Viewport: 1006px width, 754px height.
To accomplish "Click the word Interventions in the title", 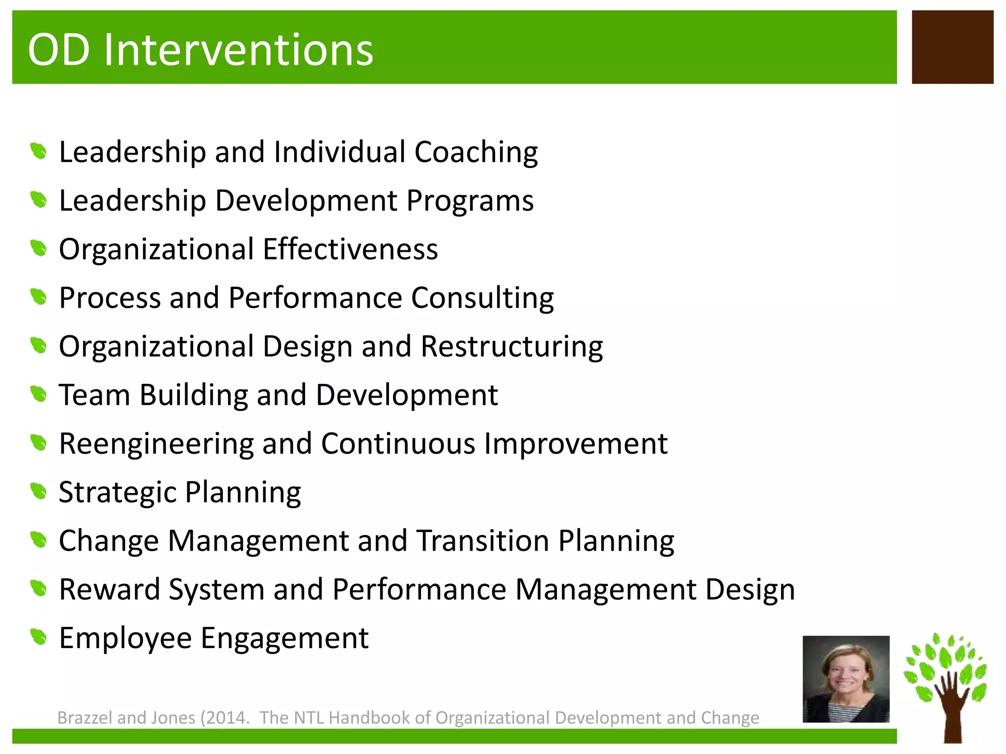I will (238, 50).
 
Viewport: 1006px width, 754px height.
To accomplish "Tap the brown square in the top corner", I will (952, 47).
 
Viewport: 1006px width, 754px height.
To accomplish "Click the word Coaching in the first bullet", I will (476, 152).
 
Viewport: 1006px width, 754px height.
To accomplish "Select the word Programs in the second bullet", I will (470, 201).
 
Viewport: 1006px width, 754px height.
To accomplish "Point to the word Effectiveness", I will (350, 249).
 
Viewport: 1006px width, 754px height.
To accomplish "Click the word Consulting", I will (482, 298).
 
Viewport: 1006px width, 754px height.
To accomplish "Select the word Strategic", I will (117, 492).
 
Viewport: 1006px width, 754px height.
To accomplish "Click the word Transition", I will (483, 541).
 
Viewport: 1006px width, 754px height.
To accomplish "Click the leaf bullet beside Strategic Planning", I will (38, 491).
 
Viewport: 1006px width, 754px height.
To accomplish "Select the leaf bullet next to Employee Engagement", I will (38, 637).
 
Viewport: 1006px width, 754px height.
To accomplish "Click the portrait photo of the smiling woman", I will (846, 679).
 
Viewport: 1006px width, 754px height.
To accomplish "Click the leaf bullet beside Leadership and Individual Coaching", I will (38, 151).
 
